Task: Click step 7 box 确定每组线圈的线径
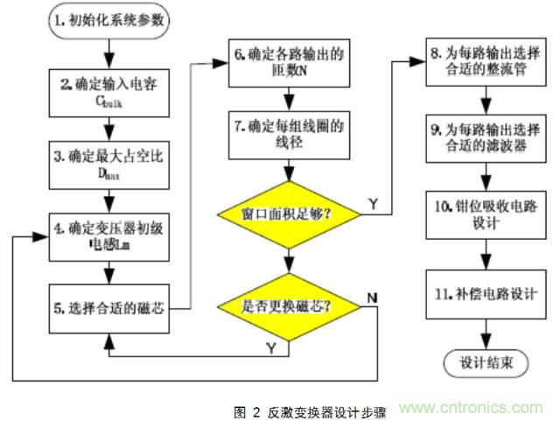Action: pos(285,131)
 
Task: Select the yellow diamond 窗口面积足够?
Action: pos(285,213)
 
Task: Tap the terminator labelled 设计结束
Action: pos(481,361)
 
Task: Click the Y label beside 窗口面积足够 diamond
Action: pos(374,203)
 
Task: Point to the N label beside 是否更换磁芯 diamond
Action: pos(373,298)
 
